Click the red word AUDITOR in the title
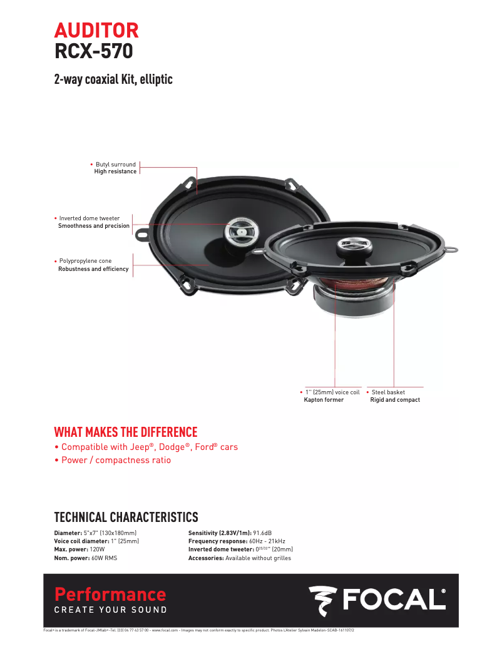pos(96,29)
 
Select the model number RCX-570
pos(93,51)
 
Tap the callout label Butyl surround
pos(116,165)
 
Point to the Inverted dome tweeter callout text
pos(90,218)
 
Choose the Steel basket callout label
pos(388,392)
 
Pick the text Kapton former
pos(324,400)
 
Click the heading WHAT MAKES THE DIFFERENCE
pos(126,432)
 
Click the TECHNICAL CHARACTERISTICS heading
pos(126,517)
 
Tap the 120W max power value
pos(97,549)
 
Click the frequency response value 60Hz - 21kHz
pos(267,541)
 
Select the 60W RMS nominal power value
pos(104,558)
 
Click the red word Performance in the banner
pos(110,594)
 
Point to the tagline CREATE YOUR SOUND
pos(111,610)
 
